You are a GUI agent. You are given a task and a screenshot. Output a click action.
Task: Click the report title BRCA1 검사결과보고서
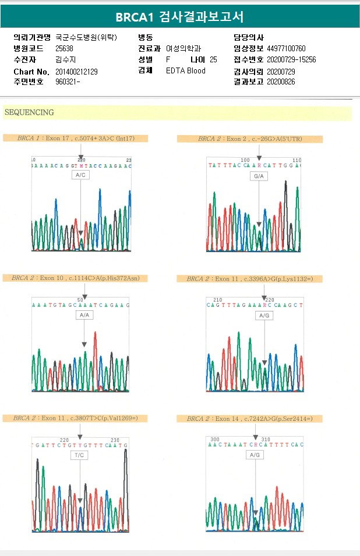point(179,17)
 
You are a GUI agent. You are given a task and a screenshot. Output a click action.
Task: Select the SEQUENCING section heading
point(29,112)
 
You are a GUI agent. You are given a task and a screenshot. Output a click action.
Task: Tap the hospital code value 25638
point(64,49)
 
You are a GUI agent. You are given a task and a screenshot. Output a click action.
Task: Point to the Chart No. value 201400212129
point(76,72)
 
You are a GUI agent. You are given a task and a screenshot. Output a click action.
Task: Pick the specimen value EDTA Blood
point(186,71)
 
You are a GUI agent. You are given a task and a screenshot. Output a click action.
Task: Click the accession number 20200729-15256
point(291,60)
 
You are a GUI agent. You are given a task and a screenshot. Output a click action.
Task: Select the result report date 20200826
point(281,82)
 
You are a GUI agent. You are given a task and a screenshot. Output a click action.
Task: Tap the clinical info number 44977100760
point(286,49)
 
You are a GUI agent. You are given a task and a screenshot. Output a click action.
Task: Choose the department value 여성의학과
point(183,49)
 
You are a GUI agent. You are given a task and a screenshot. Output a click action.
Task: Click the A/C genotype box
point(81,175)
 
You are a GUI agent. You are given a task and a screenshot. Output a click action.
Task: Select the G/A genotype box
point(259,175)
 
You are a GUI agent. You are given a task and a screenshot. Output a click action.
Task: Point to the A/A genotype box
point(84,315)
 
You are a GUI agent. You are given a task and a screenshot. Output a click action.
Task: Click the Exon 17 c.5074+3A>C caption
point(76,139)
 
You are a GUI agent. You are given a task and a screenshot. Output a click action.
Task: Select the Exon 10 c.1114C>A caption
point(75,278)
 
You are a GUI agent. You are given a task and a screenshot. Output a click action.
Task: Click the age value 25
point(213,60)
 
